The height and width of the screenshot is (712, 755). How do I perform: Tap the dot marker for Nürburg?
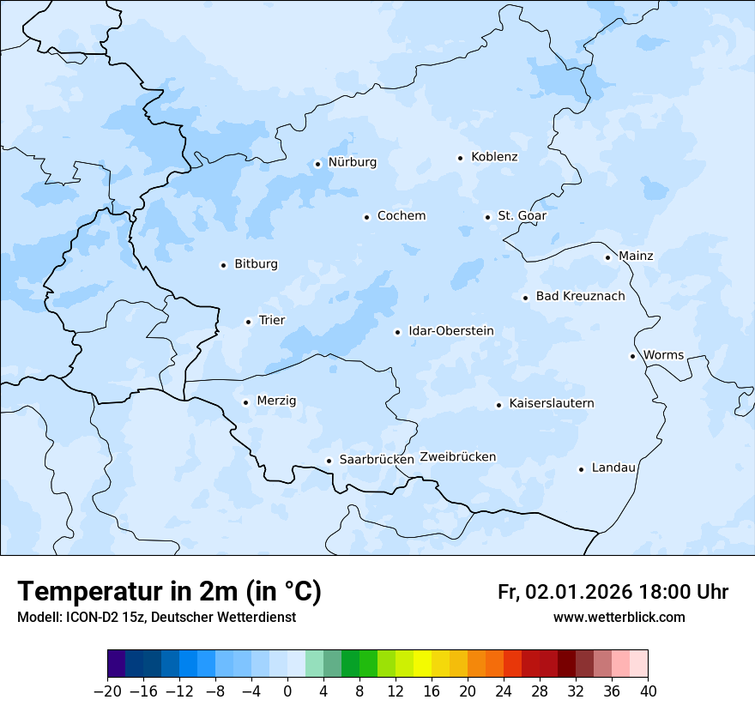(317, 164)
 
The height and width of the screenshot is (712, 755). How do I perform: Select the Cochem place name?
(401, 216)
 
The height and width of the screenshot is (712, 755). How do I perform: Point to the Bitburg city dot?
(223, 265)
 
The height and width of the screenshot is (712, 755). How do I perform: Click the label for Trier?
(272, 321)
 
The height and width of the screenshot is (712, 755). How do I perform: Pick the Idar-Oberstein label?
(450, 331)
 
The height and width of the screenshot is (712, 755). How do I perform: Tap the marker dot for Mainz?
(607, 257)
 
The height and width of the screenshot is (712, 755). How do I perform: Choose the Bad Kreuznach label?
(580, 297)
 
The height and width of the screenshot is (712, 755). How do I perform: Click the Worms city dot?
(632, 356)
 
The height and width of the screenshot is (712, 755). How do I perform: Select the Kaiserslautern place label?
(551, 403)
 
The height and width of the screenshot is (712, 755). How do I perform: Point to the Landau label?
(613, 468)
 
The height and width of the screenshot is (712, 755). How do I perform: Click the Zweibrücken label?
(457, 457)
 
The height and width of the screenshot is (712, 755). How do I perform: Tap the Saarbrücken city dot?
(329, 461)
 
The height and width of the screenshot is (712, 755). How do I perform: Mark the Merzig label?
(276, 401)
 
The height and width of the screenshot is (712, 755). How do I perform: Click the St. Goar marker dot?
(487, 217)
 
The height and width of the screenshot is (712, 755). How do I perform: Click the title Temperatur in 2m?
(169, 592)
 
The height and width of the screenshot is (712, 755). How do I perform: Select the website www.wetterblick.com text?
(619, 618)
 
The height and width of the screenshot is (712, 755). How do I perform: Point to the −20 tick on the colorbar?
(107, 691)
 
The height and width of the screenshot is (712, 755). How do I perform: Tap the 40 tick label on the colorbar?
(648, 691)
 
